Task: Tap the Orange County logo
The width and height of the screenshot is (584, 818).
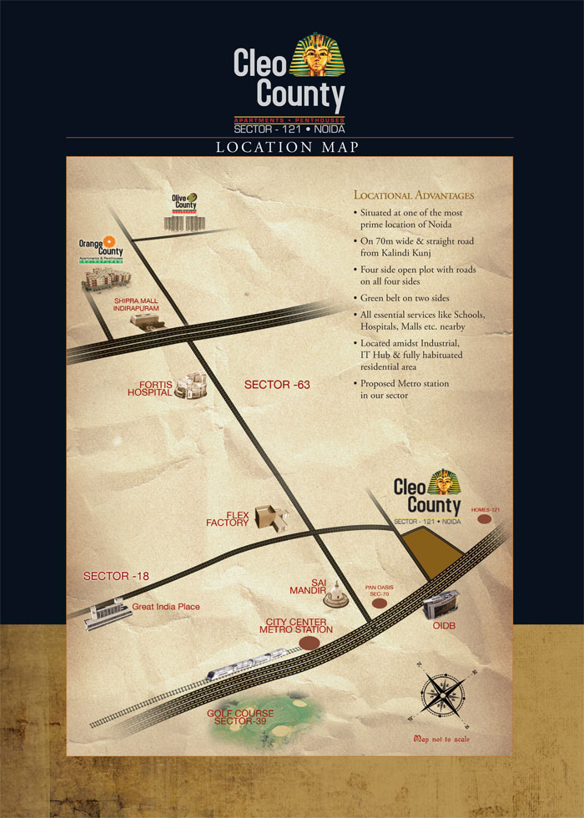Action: (x=101, y=248)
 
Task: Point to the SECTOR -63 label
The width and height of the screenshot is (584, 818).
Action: (x=277, y=385)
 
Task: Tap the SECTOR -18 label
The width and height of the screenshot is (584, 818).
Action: (x=117, y=577)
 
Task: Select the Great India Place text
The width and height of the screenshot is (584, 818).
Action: (x=166, y=607)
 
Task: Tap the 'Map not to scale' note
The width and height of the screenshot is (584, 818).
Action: (x=446, y=740)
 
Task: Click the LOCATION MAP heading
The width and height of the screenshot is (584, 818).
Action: (x=288, y=148)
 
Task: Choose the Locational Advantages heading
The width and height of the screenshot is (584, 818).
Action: (x=414, y=195)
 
